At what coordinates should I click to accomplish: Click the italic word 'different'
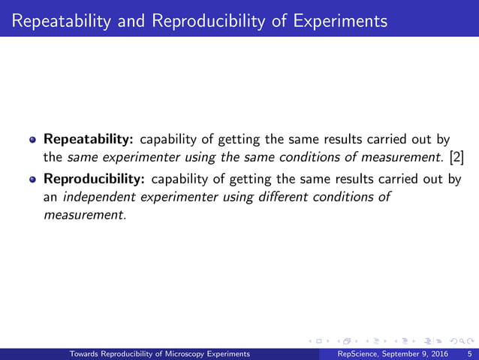coord(270,198)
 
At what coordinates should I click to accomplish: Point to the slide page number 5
coord(469,353)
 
